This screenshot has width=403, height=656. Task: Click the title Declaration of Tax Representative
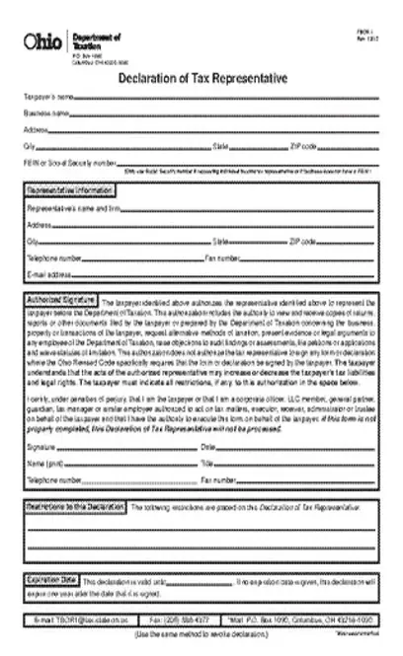click(x=202, y=78)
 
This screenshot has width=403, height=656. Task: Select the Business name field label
click(x=46, y=113)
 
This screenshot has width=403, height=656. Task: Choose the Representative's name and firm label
click(x=74, y=209)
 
